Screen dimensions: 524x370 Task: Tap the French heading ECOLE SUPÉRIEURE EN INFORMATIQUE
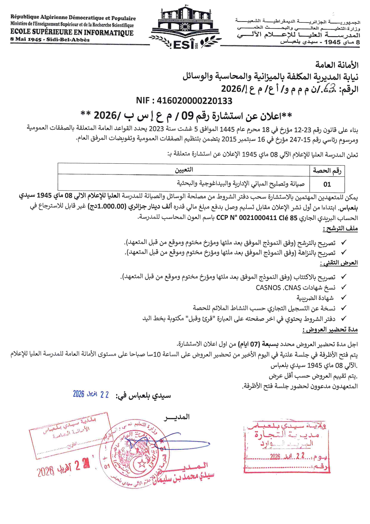coord(72,33)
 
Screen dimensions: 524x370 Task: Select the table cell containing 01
coord(327,184)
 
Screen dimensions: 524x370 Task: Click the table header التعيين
coord(184,170)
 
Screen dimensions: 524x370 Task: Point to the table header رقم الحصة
coord(327,171)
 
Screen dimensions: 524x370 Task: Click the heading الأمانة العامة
coord(337,65)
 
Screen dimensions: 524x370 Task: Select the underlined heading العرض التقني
coord(339,263)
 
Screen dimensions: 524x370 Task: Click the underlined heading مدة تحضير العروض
coord(330,330)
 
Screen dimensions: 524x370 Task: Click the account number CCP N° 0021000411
coord(246,218)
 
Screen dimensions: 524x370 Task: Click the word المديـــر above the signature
coord(177,417)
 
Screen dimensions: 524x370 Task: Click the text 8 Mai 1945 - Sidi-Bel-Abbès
coord(50,40)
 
